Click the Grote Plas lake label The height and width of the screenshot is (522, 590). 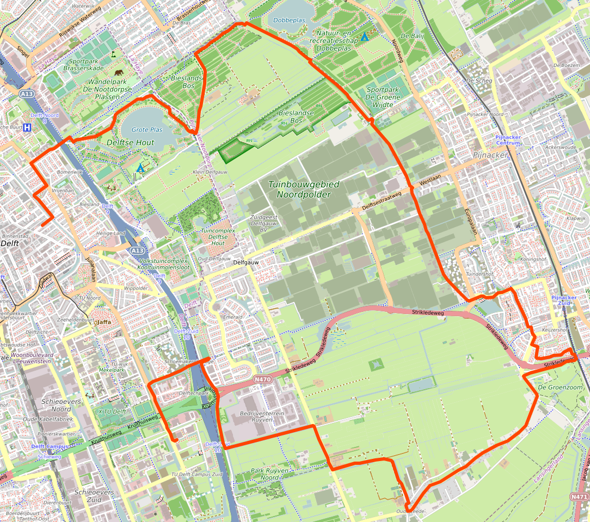147,130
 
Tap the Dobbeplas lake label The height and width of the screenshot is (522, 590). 289,20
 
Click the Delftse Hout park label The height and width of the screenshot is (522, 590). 131,143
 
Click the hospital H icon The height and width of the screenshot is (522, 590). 27,128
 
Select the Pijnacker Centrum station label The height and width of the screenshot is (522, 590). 508,140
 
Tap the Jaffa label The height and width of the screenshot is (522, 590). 103,322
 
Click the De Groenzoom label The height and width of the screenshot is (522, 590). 556,387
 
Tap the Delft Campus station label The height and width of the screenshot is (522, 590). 50,446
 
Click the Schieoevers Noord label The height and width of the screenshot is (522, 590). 56,404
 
